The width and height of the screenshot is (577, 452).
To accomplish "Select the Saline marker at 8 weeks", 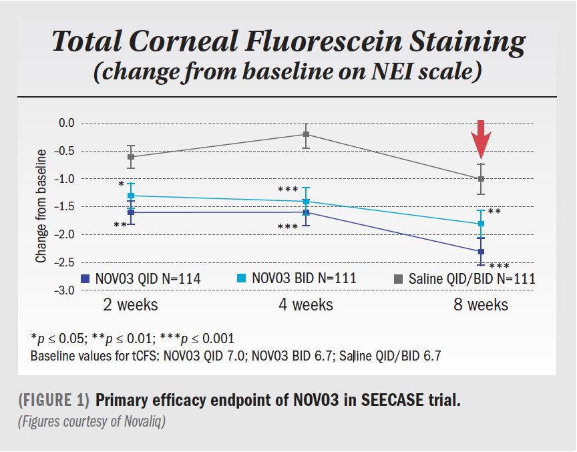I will [x=481, y=179].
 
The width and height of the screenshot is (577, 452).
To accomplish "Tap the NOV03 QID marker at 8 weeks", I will [x=481, y=251].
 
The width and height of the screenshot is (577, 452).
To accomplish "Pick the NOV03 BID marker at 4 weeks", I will [x=306, y=202].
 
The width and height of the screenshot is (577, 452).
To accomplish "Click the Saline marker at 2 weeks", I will [x=131, y=157].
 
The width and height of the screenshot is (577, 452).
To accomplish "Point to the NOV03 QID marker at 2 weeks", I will [x=131, y=212].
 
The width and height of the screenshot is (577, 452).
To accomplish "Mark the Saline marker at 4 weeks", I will [x=306, y=134].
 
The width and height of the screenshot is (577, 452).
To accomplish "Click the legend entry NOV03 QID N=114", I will [x=140, y=278].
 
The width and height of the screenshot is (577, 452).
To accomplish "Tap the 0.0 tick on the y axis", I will [x=66, y=123].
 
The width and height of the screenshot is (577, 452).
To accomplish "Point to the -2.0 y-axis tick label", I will [x=65, y=234].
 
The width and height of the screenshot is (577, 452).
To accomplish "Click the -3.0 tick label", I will [x=65, y=290].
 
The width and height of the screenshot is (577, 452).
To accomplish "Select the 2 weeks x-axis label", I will [x=130, y=305].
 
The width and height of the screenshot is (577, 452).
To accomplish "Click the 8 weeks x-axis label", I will [x=480, y=305].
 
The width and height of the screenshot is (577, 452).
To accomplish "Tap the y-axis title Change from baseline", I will [x=41, y=206].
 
